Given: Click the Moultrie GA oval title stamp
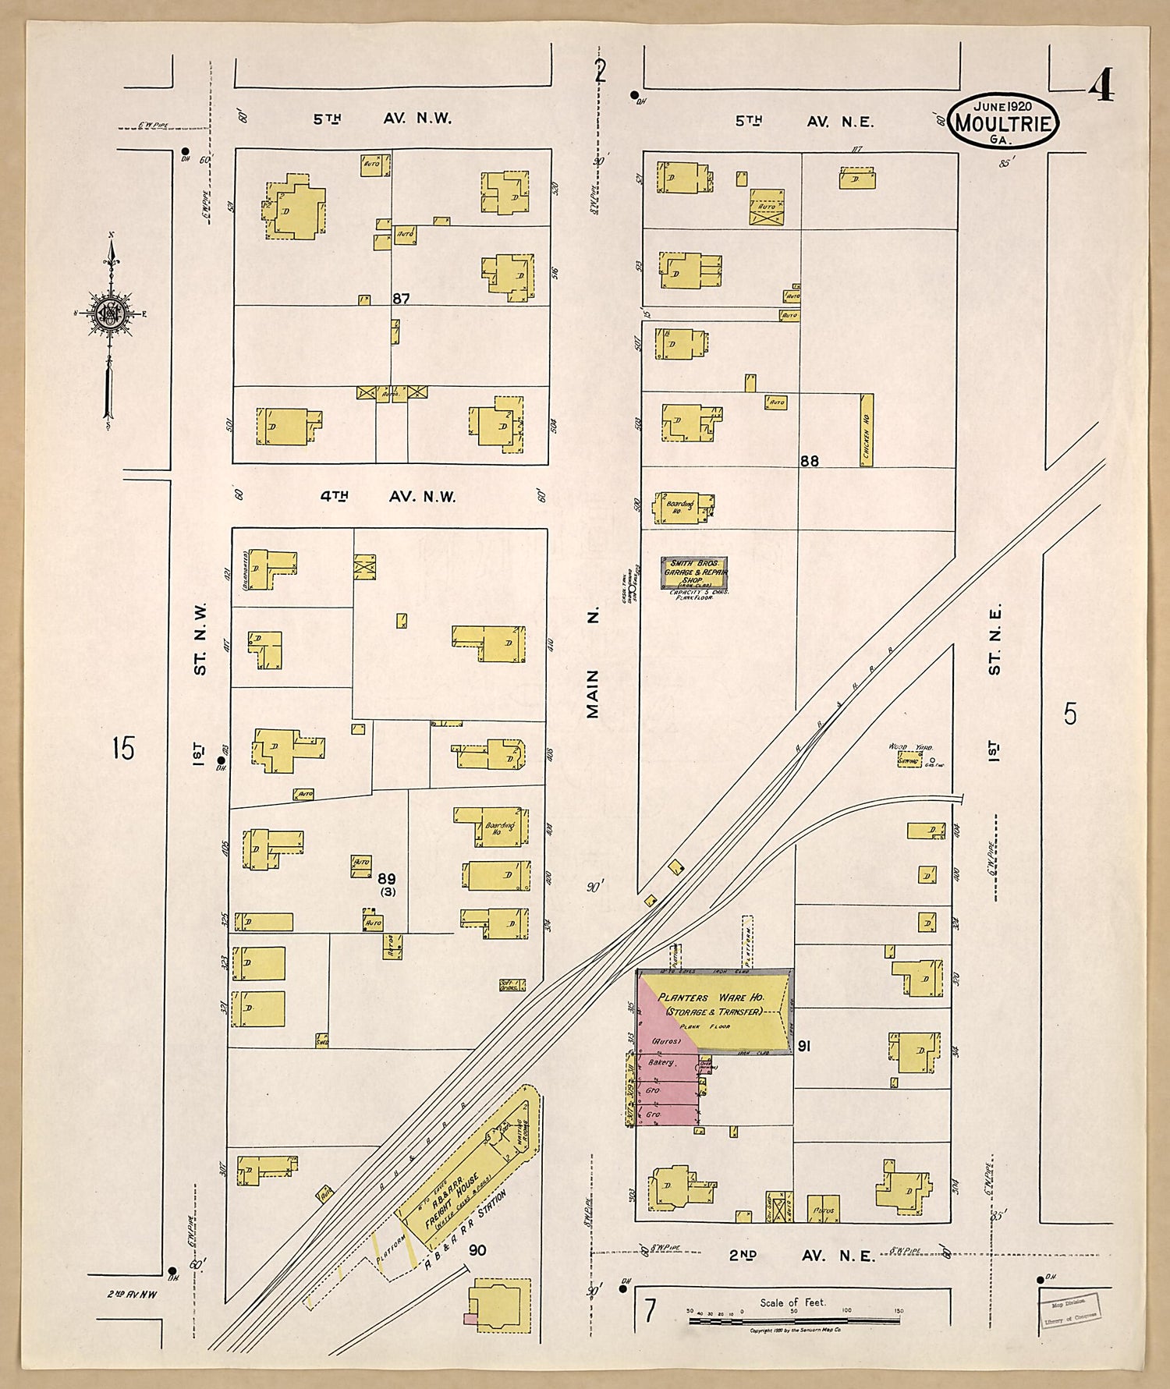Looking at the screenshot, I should coord(1002,121).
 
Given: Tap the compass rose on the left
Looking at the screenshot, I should coord(108,314).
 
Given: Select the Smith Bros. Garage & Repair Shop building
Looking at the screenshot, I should coord(694,573).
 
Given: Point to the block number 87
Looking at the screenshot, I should coord(401,299).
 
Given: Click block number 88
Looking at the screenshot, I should coord(809,461).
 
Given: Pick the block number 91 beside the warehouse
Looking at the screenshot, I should coord(804,1046).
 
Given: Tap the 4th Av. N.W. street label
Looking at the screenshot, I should coord(388,497).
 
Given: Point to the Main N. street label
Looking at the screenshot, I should coord(593,663).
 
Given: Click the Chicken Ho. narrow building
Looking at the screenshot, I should coord(866,430).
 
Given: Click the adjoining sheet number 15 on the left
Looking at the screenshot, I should coord(122,748).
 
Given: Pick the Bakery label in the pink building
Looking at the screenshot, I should coord(663,1062).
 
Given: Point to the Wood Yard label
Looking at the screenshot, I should coord(910,747).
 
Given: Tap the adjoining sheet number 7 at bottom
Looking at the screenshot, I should coord(649,1311).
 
